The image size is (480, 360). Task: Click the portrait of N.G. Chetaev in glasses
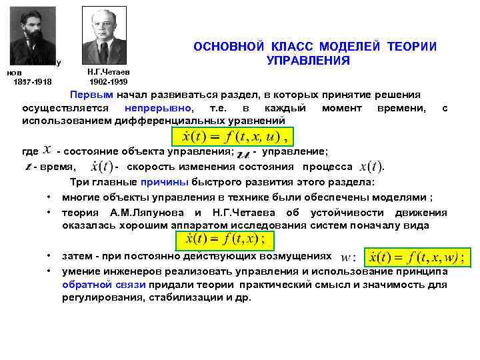103,35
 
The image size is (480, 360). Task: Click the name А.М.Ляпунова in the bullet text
138,213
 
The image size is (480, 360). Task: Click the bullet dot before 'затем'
50,256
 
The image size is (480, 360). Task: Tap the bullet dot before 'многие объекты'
50,197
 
